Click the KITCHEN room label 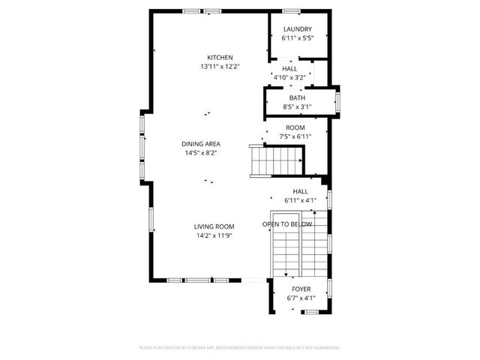click(x=220, y=58)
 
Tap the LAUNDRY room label click(x=297, y=29)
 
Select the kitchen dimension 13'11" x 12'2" click(x=220, y=67)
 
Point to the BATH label click(x=297, y=98)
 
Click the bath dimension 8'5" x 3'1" click(x=297, y=107)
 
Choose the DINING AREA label click(x=200, y=144)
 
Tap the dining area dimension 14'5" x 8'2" click(x=200, y=153)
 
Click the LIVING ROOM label click(x=214, y=226)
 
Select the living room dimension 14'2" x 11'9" click(x=214, y=235)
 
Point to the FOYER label click(x=301, y=289)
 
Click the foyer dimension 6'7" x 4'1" click(x=301, y=298)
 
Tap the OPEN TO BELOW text click(x=287, y=224)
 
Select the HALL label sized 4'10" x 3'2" click(x=289, y=68)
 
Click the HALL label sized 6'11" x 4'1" click(x=300, y=191)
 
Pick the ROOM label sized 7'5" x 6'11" click(x=295, y=127)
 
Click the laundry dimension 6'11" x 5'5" click(x=297, y=37)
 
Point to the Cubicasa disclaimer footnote click(x=240, y=348)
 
